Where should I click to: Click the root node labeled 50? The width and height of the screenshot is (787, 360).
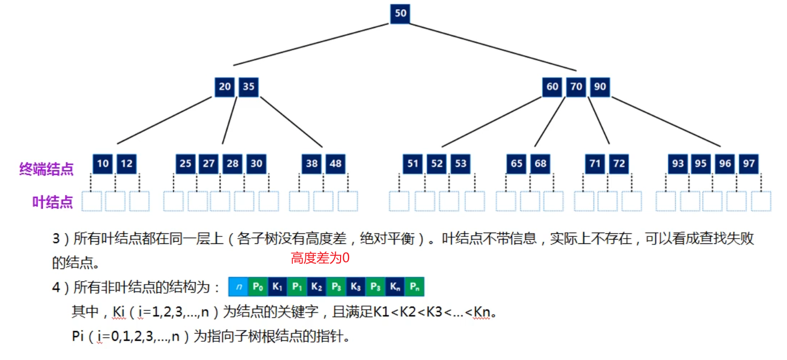[x=400, y=14]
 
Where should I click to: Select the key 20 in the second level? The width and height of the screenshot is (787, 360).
[x=225, y=87]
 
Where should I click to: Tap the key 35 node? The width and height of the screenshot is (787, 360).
[x=249, y=87]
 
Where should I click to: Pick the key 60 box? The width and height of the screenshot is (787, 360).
[x=552, y=87]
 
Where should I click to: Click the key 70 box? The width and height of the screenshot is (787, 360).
[x=576, y=87]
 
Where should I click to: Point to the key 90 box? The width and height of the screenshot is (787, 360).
[x=600, y=87]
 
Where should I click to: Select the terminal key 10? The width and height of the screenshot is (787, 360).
[x=103, y=164]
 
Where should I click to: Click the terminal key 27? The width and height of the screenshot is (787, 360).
[x=209, y=164]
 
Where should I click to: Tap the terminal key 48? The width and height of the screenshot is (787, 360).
[x=335, y=164]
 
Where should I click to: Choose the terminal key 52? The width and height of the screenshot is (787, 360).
[x=437, y=164]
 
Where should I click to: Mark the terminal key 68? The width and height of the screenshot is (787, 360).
[x=540, y=164]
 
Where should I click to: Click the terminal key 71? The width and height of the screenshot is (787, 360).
[x=595, y=164]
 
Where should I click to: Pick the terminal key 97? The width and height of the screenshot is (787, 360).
[x=749, y=164]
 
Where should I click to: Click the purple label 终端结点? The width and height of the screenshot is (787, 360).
[x=47, y=169]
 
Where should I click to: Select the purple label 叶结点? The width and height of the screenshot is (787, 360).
[x=52, y=202]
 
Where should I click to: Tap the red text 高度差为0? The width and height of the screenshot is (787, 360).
[x=320, y=259]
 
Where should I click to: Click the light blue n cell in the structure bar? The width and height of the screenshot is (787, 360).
[x=238, y=287]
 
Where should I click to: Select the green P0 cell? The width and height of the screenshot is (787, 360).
[x=258, y=287]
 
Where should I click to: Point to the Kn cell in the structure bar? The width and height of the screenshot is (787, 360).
[x=395, y=287]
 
